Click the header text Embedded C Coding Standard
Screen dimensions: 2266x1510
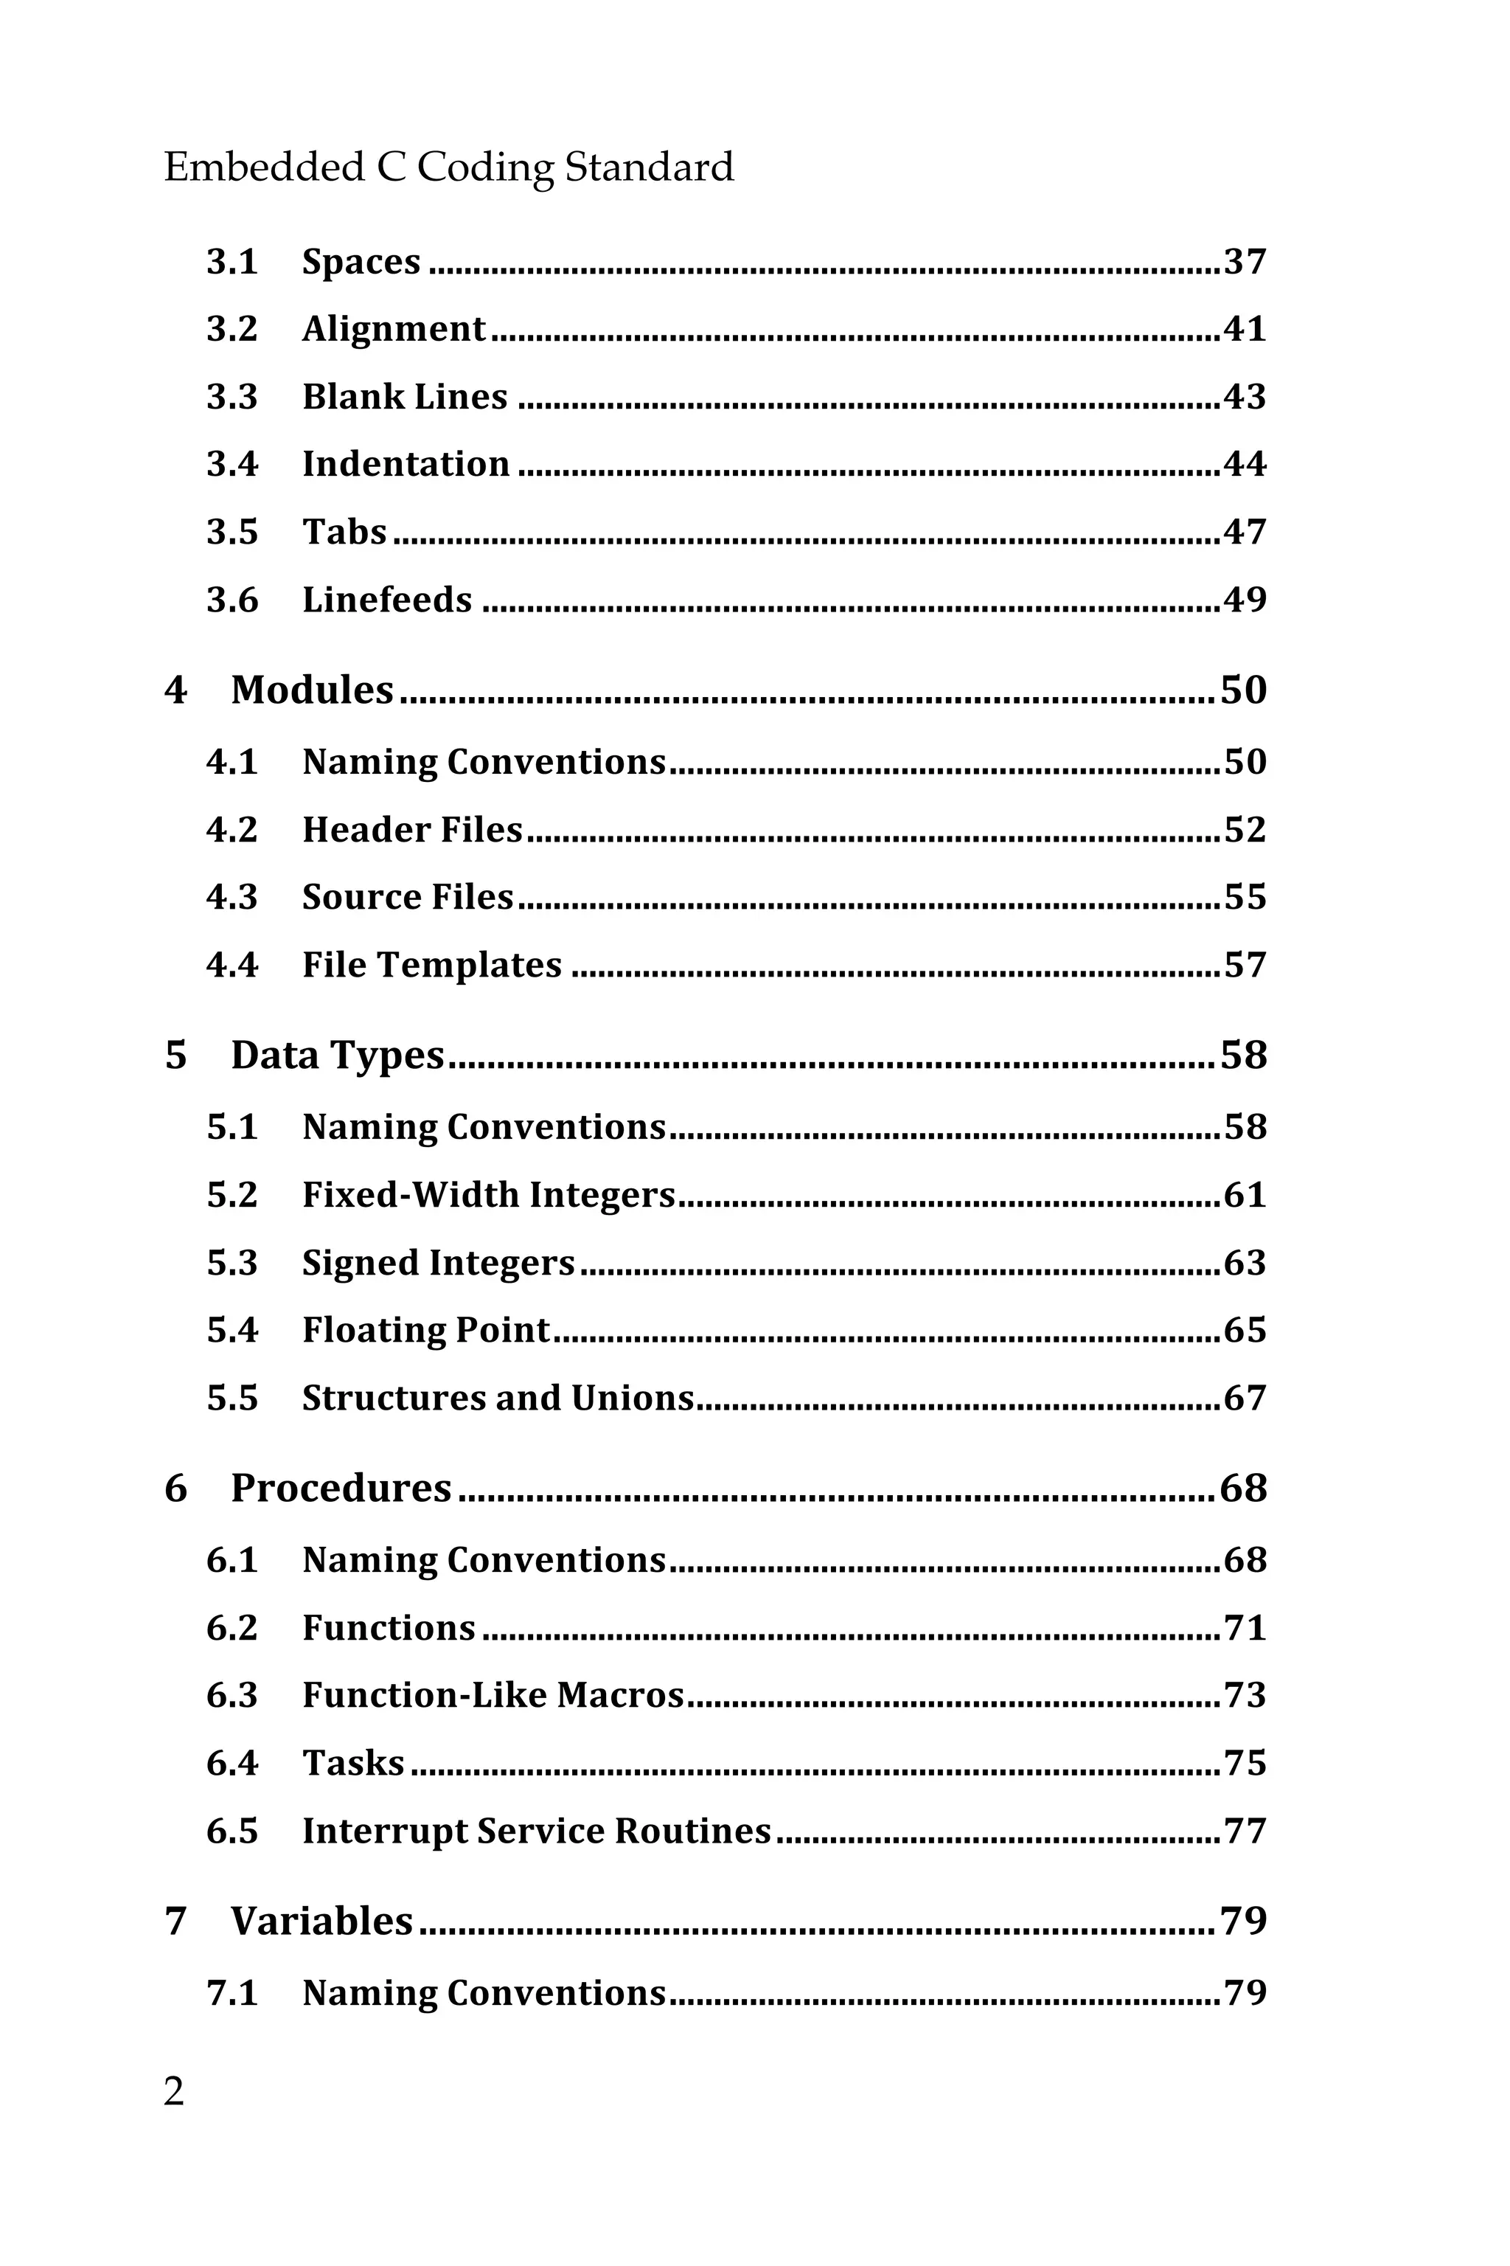point(449,167)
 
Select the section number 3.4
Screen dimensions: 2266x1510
point(232,465)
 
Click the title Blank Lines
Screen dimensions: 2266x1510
point(405,397)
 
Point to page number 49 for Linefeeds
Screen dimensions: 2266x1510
point(1245,600)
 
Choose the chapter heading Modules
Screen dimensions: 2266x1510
point(312,690)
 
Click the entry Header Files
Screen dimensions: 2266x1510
point(412,830)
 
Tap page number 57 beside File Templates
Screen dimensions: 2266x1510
point(1245,966)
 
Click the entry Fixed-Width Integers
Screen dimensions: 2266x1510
point(488,1195)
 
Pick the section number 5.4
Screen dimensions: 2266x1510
point(232,1331)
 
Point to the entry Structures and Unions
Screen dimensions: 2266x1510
point(498,1398)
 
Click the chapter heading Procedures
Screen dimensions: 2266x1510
point(341,1488)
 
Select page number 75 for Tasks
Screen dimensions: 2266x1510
point(1245,1763)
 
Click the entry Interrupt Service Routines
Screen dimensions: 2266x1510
point(537,1831)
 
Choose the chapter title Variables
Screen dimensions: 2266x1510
point(321,1921)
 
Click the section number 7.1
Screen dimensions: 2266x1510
point(232,1992)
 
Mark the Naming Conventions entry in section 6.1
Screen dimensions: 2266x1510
point(484,1560)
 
